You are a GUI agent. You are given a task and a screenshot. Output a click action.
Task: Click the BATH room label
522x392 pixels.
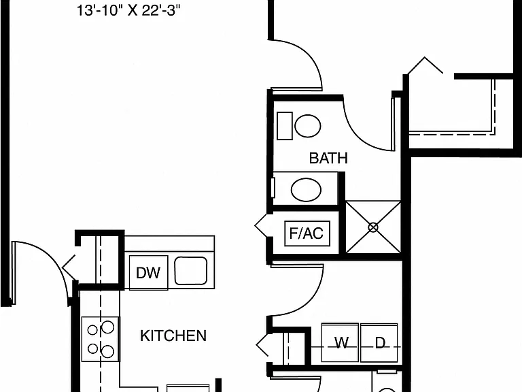[x=328, y=158]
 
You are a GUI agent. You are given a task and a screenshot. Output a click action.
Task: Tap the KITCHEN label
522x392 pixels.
[x=173, y=336]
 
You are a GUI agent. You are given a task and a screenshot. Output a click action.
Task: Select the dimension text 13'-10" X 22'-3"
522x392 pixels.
[x=128, y=10]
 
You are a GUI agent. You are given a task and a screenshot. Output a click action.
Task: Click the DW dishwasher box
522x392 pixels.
[x=148, y=272]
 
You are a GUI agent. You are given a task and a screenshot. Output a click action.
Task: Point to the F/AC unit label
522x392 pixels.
[x=307, y=233]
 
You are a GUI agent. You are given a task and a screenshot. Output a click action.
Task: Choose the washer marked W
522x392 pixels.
[x=341, y=342]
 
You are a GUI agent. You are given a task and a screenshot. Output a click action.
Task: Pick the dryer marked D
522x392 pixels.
[x=379, y=342]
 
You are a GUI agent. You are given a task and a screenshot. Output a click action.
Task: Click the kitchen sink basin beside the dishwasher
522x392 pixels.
[x=191, y=271]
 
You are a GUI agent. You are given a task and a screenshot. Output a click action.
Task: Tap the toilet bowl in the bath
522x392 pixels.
[x=308, y=126]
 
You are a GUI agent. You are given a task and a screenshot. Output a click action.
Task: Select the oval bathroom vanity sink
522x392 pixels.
[x=306, y=190]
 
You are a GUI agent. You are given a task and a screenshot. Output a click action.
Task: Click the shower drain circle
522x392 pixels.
[x=373, y=227]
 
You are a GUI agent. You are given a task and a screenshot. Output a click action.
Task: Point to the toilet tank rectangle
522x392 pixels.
[x=285, y=126]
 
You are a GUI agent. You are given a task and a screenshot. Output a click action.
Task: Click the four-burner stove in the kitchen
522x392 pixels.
[x=100, y=339]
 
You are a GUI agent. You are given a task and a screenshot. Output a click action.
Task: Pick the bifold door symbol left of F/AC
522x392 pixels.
[x=261, y=226]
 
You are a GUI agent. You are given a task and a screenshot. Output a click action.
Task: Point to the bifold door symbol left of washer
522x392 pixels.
[x=262, y=344]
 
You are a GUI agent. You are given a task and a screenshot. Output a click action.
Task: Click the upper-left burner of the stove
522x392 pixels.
[x=92, y=330]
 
